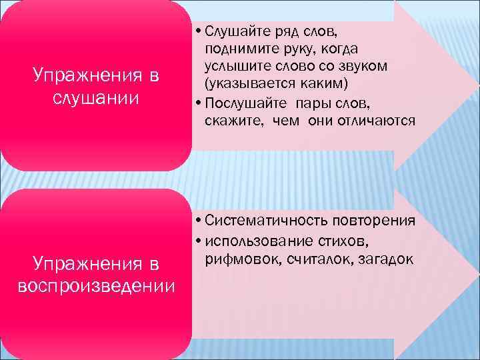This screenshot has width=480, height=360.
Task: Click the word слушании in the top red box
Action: click(95, 98)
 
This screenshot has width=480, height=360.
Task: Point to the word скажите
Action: click(231, 121)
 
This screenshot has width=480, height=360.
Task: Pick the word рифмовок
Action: click(239, 258)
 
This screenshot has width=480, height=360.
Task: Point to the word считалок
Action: click(315, 258)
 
